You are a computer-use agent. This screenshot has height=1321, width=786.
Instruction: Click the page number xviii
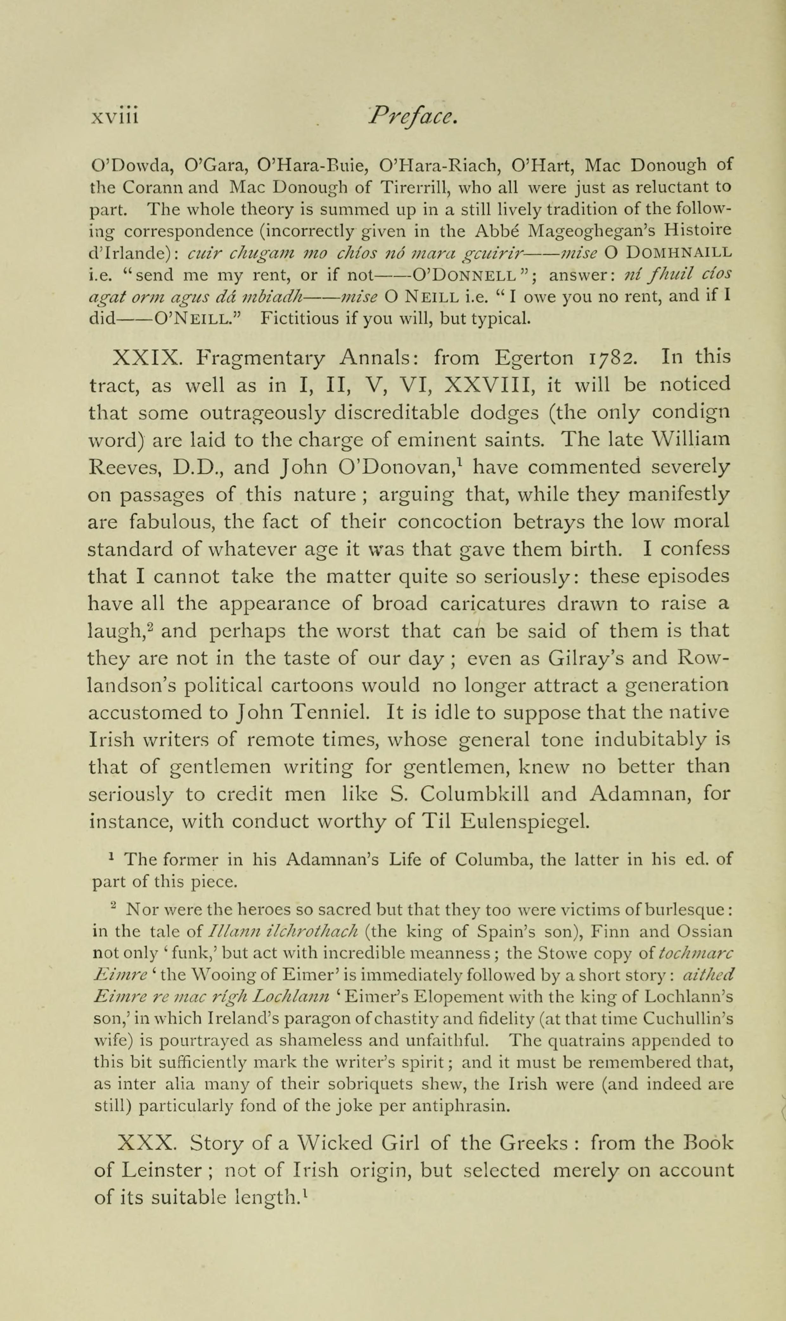pos(114,115)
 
